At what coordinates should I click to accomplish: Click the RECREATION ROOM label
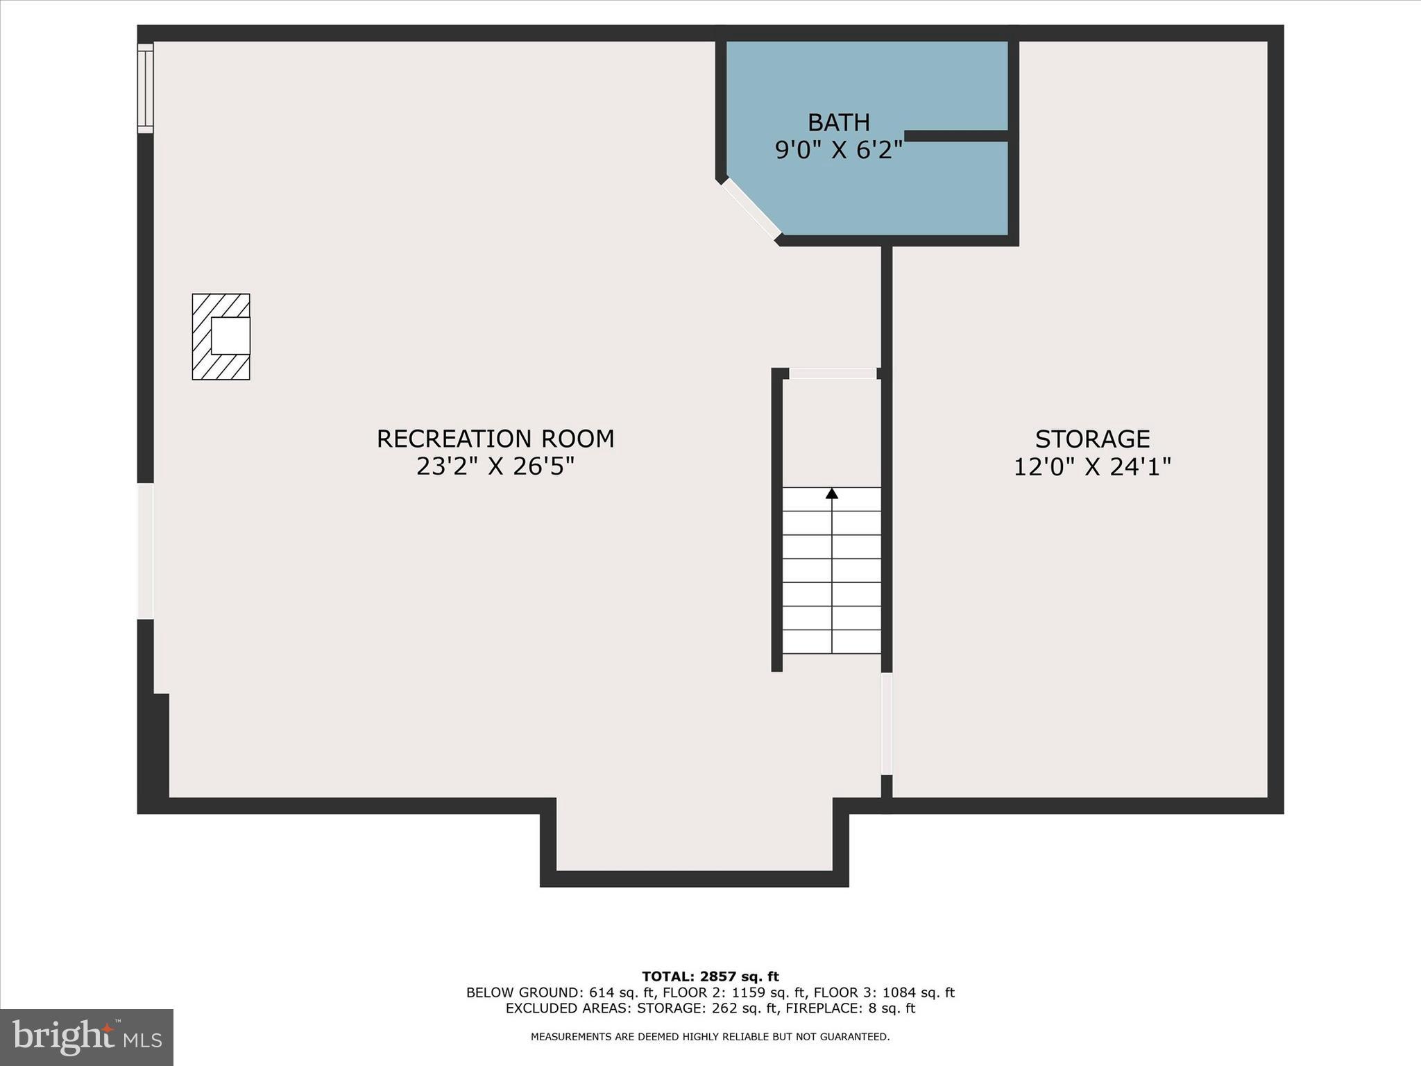495,439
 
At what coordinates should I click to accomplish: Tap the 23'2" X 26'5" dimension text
495,466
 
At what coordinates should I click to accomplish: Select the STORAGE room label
1092,439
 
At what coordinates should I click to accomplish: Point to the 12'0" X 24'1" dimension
1092,466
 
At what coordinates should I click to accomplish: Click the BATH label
838,122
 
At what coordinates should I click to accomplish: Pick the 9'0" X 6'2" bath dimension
838,150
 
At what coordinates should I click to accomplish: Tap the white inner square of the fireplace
230,337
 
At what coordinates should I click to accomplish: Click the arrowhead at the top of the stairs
832,493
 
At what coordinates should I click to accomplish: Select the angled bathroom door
751,208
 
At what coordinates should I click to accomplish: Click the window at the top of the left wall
145,88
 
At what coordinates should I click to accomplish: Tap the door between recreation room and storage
886,724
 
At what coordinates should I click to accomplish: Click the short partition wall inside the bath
956,136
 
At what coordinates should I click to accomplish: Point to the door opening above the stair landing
833,373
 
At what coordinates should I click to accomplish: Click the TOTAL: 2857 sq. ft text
710,977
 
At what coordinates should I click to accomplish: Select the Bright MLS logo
87,1037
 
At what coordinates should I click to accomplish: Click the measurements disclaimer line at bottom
710,1037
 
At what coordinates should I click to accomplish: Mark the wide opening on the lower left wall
145,550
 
